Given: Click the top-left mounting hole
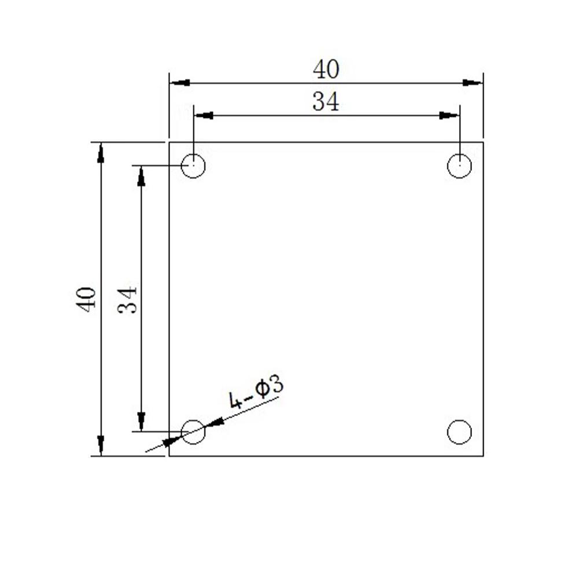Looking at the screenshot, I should (193, 166).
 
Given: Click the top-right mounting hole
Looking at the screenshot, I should (459, 166).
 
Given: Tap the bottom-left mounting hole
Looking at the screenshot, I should (193, 432).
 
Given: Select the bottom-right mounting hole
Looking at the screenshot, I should (459, 432).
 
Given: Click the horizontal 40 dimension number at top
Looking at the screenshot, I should (326, 70).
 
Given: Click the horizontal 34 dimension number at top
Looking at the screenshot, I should (326, 102).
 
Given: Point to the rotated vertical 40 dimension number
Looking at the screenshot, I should (87, 299).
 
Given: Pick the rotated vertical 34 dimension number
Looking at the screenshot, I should (127, 299).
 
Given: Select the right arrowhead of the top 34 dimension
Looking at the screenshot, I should (449, 116).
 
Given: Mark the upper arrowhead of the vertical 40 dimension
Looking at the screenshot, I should (101, 153).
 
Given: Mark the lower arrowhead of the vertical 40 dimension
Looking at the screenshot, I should (101, 445).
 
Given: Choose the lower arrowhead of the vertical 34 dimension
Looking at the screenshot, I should (141, 421).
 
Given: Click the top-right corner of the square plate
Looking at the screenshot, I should (483, 142).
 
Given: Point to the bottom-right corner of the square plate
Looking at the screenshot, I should (483, 456).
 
